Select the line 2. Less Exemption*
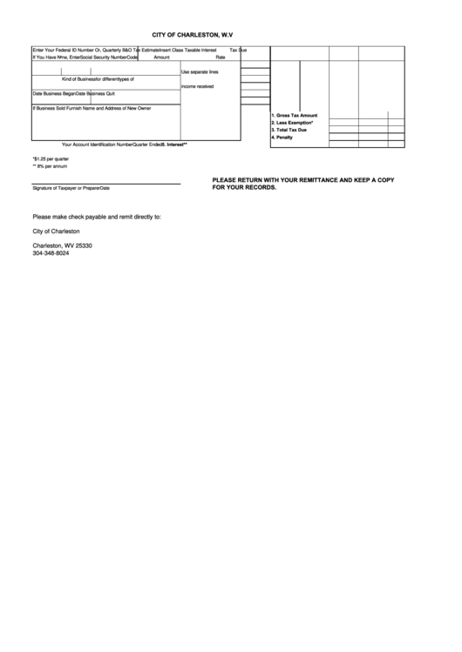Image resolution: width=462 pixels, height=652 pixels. click(x=293, y=123)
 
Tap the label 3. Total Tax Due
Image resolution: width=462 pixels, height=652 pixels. click(x=289, y=130)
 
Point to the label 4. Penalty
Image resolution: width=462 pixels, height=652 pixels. click(x=282, y=138)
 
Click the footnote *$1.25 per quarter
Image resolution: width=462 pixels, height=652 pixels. click(x=51, y=159)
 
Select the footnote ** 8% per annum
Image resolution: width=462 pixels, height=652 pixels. click(x=50, y=166)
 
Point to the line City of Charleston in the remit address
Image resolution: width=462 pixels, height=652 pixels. click(x=56, y=231)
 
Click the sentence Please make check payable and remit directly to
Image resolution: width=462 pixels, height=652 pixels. click(x=96, y=216)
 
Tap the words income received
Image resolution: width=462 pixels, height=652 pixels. click(x=197, y=86)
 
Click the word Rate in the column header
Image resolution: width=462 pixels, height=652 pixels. click(x=221, y=57)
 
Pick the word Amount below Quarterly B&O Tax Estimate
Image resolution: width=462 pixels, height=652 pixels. click(x=161, y=57)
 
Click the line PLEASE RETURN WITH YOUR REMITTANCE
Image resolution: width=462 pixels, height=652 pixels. click(x=303, y=179)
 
